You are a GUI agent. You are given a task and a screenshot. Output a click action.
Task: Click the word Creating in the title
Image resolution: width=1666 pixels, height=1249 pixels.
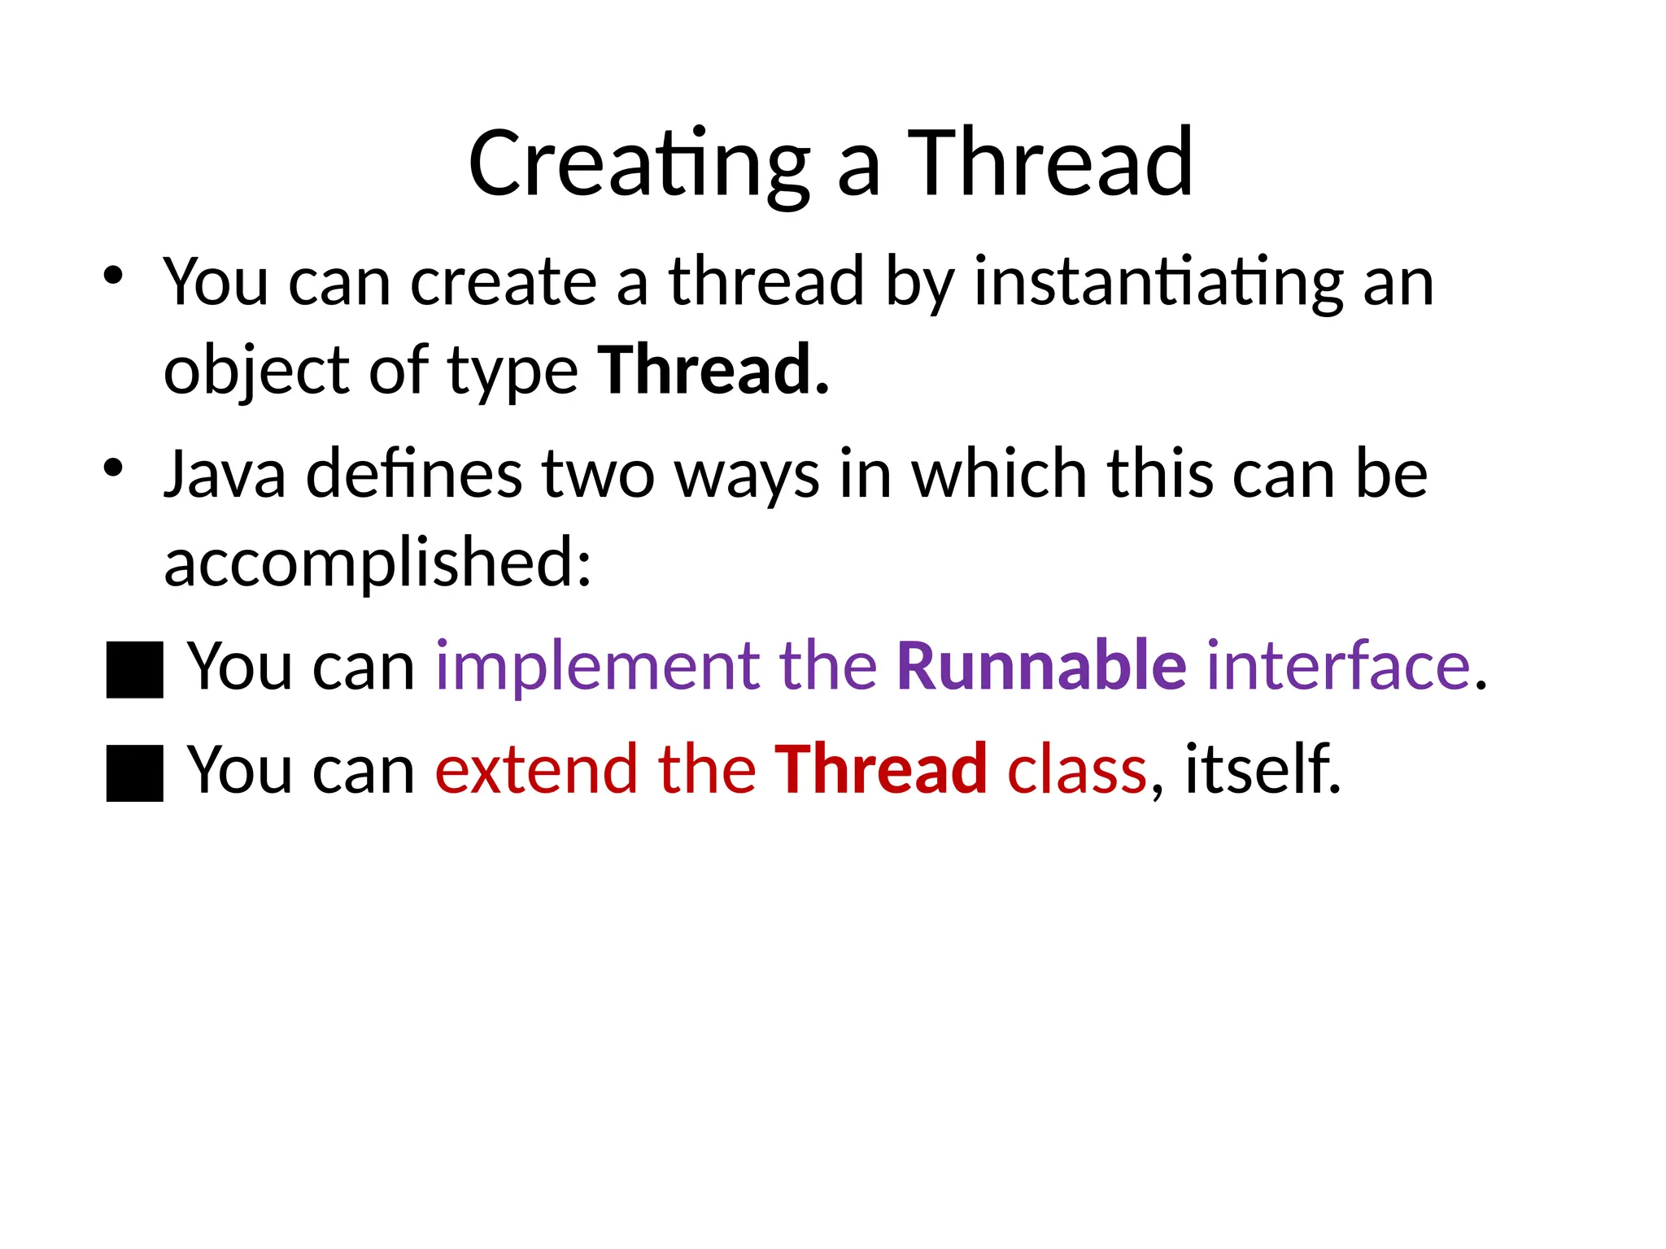click(x=639, y=165)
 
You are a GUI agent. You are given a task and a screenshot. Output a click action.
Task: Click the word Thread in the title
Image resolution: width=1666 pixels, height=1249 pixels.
click(x=1049, y=165)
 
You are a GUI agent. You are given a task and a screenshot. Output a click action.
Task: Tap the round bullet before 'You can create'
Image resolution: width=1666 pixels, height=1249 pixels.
click(x=113, y=275)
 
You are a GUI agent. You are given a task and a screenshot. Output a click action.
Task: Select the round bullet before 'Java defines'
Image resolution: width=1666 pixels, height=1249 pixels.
click(x=113, y=468)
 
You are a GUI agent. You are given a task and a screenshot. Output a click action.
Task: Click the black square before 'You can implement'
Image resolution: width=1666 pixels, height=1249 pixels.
click(x=135, y=669)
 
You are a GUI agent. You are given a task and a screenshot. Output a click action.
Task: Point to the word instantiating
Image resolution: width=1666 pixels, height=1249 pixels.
click(x=1158, y=283)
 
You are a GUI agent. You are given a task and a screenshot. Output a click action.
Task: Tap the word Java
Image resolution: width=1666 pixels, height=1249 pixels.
click(x=225, y=475)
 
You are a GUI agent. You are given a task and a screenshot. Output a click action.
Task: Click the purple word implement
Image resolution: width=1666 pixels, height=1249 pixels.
click(x=597, y=667)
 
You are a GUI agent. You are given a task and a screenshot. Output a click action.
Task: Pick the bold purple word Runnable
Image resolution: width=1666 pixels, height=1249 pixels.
click(x=1041, y=667)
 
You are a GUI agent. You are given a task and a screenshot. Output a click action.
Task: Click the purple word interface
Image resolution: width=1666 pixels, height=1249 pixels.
click(x=1339, y=667)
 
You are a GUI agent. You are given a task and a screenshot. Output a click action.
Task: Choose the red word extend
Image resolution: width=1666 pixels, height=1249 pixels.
click(x=537, y=770)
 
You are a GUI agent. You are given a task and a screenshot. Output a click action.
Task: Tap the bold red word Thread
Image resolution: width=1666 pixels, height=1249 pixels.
click(x=880, y=770)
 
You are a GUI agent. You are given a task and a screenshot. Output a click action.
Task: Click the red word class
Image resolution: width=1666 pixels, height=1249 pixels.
click(x=1076, y=770)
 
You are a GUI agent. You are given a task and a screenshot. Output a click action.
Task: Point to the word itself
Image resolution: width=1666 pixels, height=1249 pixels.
click(x=1261, y=770)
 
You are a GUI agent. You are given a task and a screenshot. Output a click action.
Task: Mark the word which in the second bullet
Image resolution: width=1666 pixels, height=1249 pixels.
click(x=998, y=475)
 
